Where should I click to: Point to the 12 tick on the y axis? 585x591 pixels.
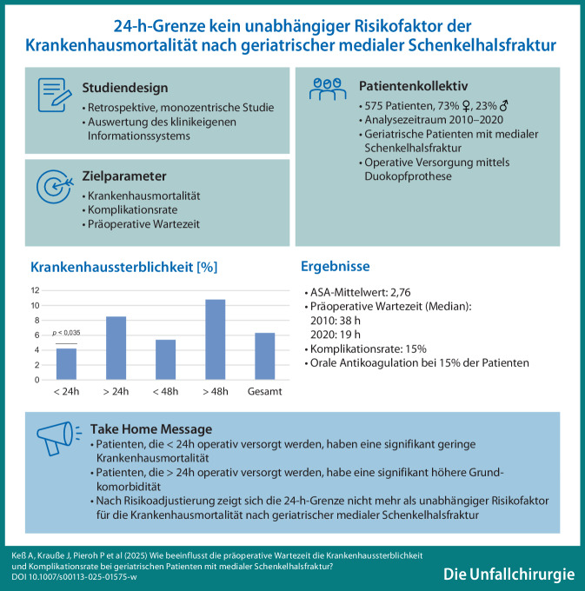35,290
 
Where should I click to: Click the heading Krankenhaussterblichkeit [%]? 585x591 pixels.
124,268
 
